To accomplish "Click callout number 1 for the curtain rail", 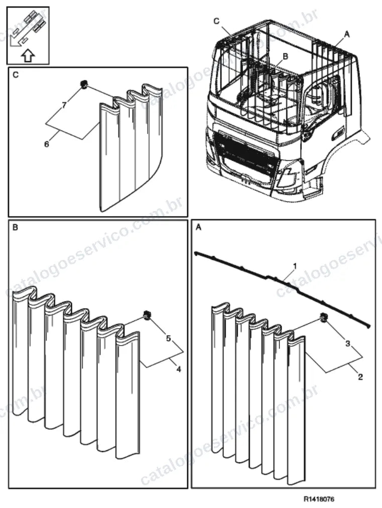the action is click(295, 266).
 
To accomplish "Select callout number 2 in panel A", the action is click(360, 376).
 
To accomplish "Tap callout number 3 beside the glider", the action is click(348, 343).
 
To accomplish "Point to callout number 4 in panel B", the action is click(178, 369).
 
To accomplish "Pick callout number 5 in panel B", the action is click(168, 338).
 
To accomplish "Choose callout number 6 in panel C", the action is click(47, 144).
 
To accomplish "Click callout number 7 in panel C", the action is click(64, 106).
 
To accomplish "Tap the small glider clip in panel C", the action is click(84, 84).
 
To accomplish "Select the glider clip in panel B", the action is click(147, 315).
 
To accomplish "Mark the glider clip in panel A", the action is click(324, 318).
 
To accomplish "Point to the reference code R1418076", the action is click(319, 498).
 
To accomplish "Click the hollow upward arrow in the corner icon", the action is click(28, 56).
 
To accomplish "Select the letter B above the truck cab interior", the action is click(285, 56).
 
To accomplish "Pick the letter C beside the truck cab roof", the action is click(216, 22).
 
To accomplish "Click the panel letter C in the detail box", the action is click(15, 75).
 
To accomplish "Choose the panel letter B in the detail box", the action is click(15, 228).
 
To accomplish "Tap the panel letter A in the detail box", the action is click(198, 228).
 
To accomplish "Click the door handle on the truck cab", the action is click(339, 133).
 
